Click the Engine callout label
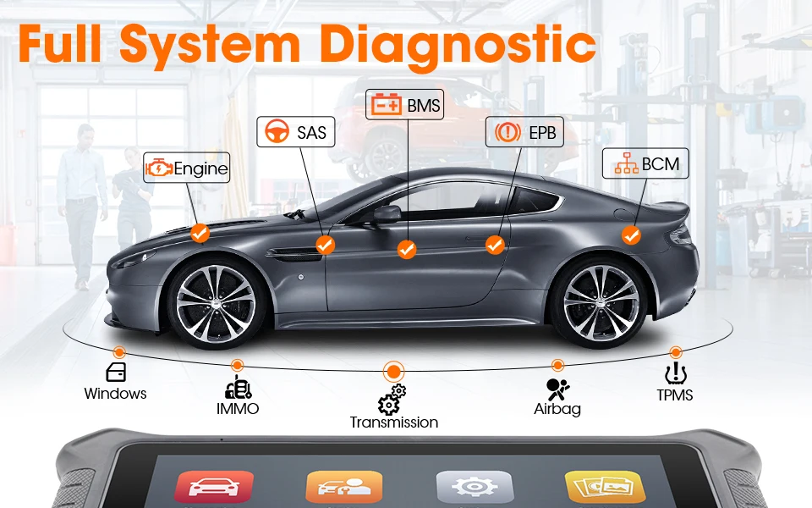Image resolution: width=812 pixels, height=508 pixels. [187, 168]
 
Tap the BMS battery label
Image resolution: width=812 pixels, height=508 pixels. [406, 105]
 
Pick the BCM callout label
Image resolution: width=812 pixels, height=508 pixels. [641, 163]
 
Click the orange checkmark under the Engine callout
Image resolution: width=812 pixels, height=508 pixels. [200, 233]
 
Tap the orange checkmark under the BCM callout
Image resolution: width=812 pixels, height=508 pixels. [631, 235]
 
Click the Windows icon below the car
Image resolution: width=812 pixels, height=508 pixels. [116, 373]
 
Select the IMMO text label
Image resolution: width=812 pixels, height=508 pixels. [237, 409]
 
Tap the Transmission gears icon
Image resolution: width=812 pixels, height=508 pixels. [392, 398]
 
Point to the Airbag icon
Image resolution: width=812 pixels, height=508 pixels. [557, 389]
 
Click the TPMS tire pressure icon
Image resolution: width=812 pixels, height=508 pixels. [675, 374]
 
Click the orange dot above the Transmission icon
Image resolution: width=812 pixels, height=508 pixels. [392, 370]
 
